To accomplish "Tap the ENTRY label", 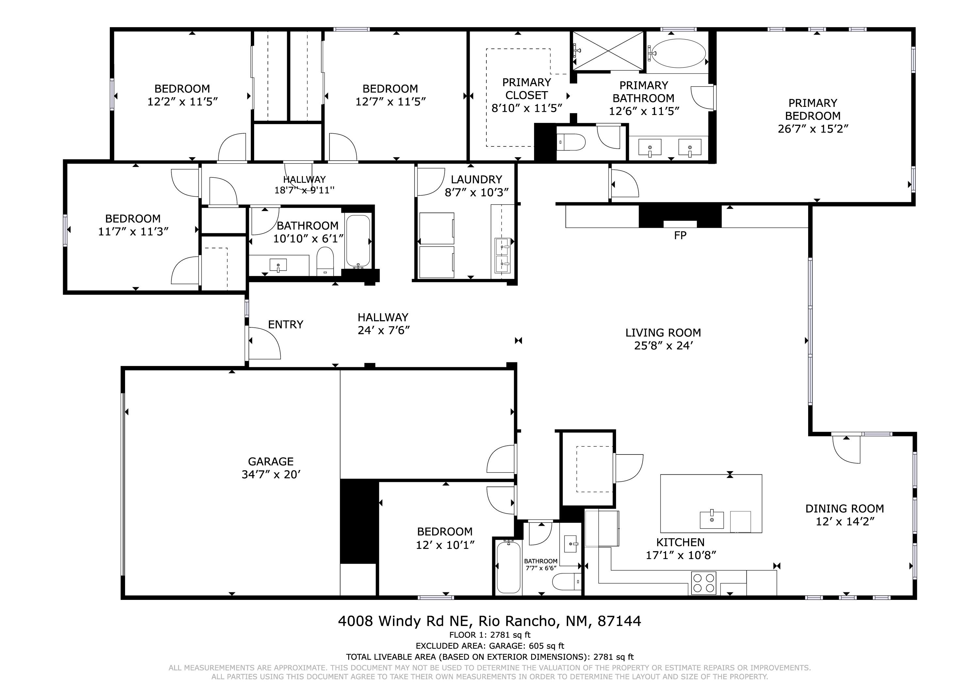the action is (x=286, y=324).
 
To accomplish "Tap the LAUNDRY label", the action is (x=476, y=179).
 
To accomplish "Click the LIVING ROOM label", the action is (x=663, y=333).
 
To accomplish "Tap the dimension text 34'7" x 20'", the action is (x=271, y=474).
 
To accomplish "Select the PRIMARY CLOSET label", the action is (x=526, y=89).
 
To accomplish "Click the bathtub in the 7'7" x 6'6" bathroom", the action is (x=509, y=567).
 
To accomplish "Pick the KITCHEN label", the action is (x=680, y=542).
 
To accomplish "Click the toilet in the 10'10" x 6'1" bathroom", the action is (x=325, y=260).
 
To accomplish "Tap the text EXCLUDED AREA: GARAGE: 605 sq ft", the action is (x=490, y=646).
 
